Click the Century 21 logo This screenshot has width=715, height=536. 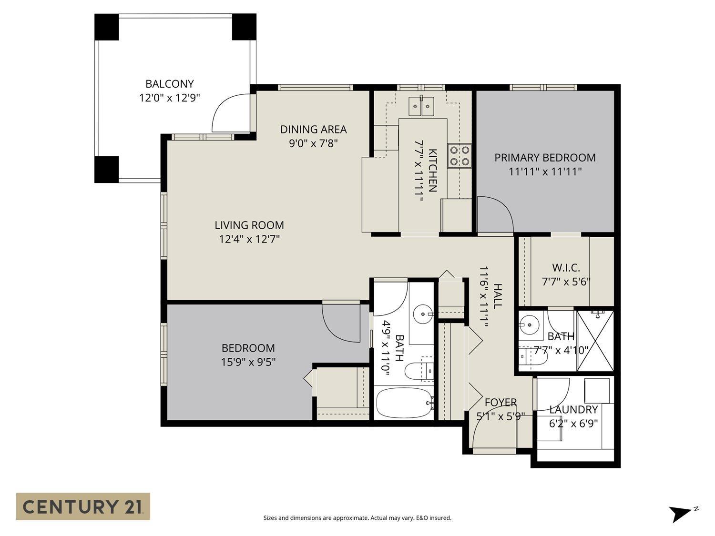coord(83,506)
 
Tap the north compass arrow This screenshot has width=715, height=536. coord(679,514)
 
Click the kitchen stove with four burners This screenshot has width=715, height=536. coord(459,156)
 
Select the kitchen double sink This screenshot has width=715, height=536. coord(421,106)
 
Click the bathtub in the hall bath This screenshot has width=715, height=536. coord(404,403)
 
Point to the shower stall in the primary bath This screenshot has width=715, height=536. coord(595,340)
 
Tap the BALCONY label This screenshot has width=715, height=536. coord(170,84)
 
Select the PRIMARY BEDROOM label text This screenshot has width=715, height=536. coord(545,158)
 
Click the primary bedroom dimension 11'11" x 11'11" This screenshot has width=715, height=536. coord(545,172)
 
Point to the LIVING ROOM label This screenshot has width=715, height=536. coord(249,225)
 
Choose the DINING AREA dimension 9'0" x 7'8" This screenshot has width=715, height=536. coord(313,143)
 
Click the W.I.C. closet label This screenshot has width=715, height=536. coord(566,268)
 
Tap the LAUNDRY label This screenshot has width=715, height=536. coord(573,410)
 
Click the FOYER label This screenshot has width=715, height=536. coord(500,403)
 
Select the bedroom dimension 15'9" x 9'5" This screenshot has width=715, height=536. coord(248,362)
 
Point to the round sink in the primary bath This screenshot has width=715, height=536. coord(528,326)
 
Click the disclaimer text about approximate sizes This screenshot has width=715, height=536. coord(357,518)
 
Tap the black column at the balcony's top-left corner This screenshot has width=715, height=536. coord(106,27)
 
